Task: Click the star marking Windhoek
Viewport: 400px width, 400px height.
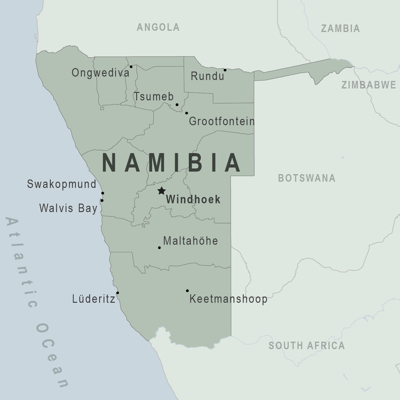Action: pos(161,190)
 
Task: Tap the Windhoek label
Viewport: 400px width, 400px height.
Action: pos(193,200)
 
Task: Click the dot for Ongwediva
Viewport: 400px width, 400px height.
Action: pos(131,67)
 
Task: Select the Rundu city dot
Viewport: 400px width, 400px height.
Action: pos(225,70)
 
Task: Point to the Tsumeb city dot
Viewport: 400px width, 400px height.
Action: pos(177,104)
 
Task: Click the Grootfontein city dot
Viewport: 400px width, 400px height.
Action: pos(187,113)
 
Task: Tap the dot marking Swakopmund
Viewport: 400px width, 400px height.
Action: pos(103,193)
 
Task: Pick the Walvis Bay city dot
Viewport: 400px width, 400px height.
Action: pos(102,200)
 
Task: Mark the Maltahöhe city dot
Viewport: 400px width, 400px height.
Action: pos(159,248)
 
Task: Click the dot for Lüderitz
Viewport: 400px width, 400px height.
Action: pos(118,293)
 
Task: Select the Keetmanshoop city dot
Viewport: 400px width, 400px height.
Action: pos(187,291)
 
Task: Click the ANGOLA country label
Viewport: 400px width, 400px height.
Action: pos(158,27)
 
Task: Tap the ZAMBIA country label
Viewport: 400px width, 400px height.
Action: pos(340,29)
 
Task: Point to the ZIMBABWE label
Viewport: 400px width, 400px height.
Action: pos(369,85)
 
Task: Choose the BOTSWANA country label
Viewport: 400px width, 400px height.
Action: pos(307,178)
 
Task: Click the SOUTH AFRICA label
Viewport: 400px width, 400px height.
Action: pos(307,346)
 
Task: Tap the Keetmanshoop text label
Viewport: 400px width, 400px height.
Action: pos(228,299)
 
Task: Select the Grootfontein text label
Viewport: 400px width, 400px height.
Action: pos(221,121)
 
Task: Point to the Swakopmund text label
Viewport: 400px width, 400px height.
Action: pos(61,184)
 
